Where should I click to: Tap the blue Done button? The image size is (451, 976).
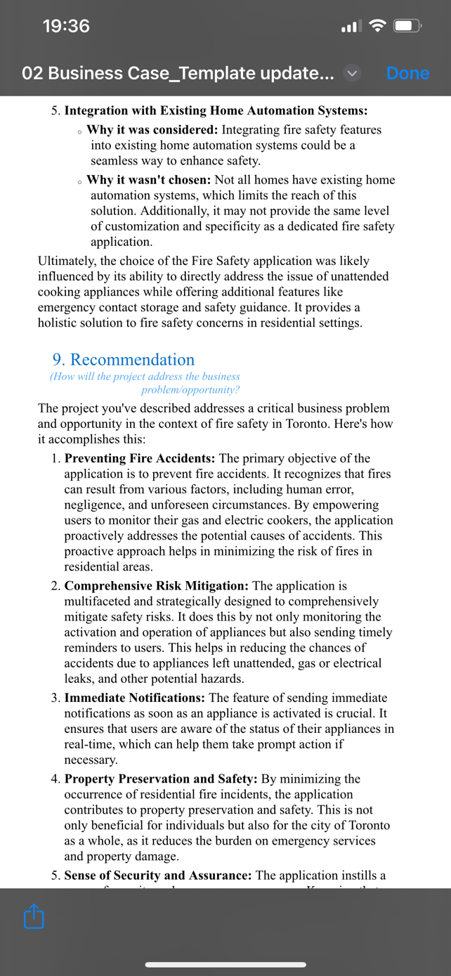tap(407, 73)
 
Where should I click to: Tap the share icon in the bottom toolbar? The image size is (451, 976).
tap(34, 916)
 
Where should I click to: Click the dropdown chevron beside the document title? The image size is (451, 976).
tap(352, 73)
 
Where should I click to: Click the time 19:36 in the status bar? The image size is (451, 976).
tap(66, 26)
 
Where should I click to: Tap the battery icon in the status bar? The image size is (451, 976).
tap(407, 27)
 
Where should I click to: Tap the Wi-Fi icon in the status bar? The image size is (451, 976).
tap(377, 27)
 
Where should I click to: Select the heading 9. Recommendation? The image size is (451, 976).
tap(124, 360)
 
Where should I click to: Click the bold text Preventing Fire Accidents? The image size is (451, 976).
tap(140, 458)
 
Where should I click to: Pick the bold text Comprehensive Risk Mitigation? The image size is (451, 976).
tap(156, 586)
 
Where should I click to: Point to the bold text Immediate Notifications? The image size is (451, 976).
tap(135, 698)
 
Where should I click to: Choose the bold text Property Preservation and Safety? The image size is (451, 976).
tap(161, 779)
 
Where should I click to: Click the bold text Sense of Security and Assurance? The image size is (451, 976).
tap(158, 876)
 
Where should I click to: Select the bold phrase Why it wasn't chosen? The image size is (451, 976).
tap(149, 180)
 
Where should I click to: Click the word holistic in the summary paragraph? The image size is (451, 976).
tap(60, 323)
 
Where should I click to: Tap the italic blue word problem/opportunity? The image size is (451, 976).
tap(190, 390)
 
